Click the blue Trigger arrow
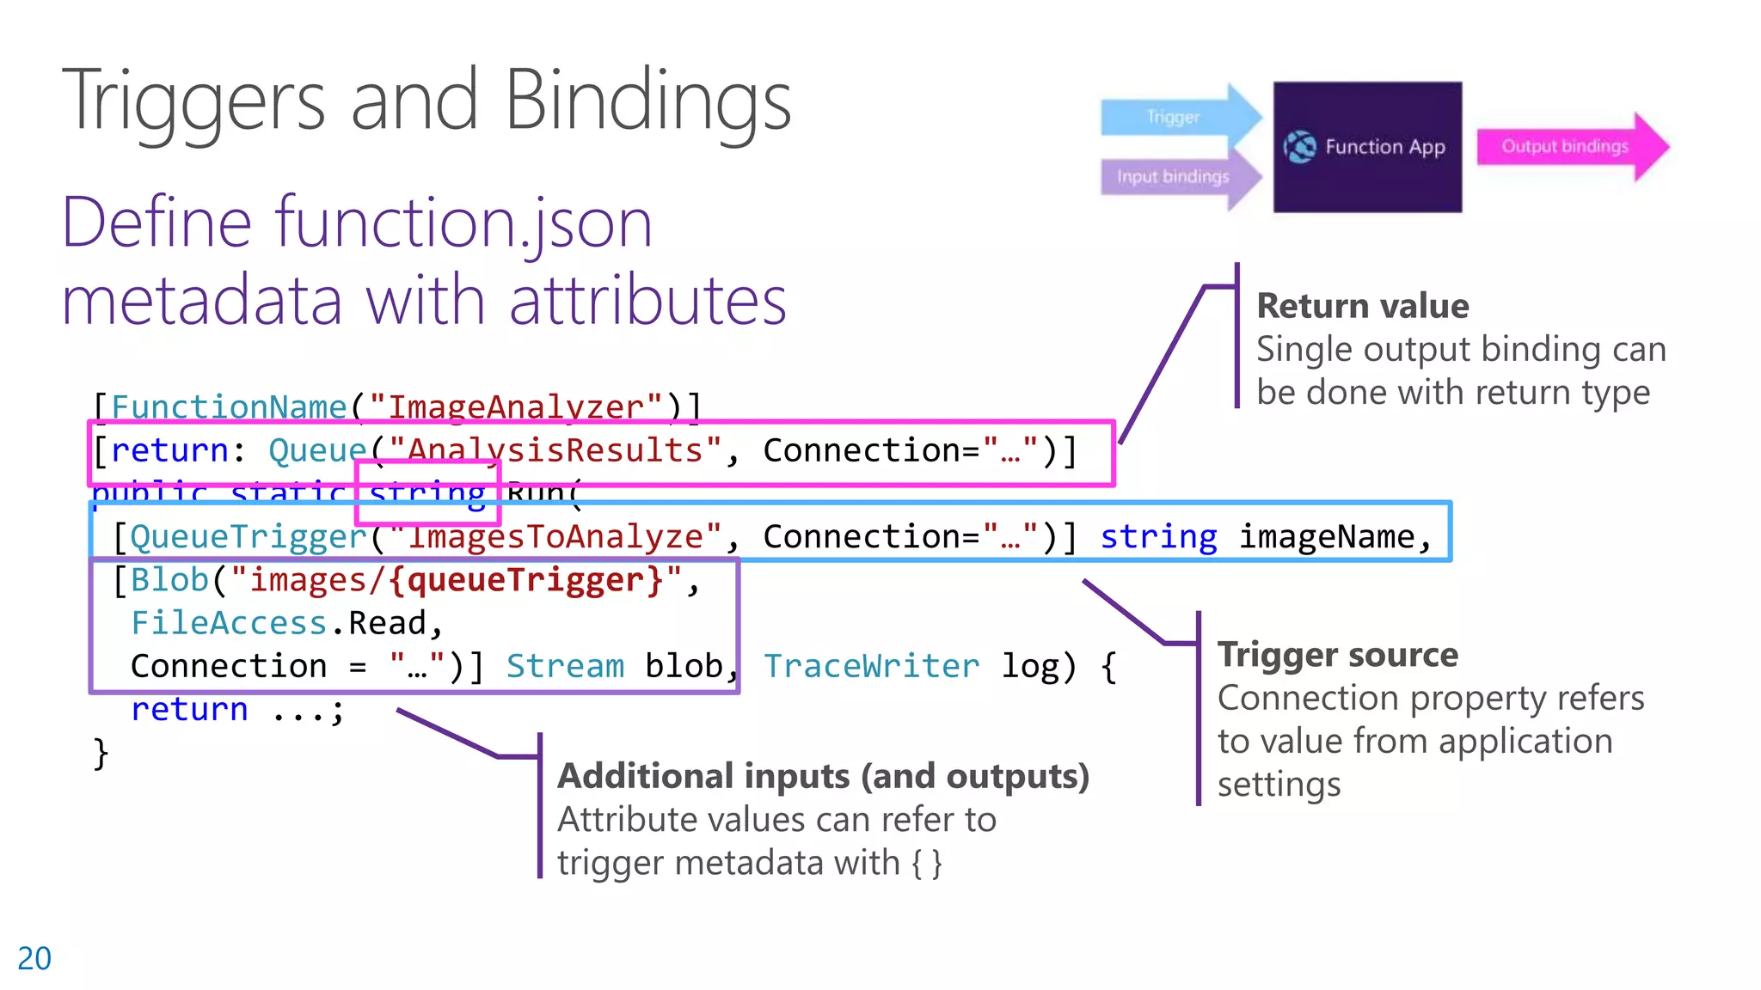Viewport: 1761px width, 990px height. (x=1174, y=117)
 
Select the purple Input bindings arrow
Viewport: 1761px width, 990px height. (x=1174, y=177)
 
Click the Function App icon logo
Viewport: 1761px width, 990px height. (x=1299, y=147)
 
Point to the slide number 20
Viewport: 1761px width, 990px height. (x=34, y=958)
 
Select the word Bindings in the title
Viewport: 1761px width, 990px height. (x=647, y=101)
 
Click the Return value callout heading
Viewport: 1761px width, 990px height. (x=1362, y=306)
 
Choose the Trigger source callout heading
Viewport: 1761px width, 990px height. (x=1337, y=655)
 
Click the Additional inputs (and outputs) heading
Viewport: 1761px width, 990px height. (x=823, y=776)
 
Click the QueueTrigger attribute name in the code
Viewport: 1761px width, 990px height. (x=249, y=537)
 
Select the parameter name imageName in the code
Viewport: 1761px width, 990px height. (x=1326, y=537)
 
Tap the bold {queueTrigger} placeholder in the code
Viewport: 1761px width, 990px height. (x=526, y=580)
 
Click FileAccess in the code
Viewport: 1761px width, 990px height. (x=228, y=623)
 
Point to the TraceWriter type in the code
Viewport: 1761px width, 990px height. (x=870, y=666)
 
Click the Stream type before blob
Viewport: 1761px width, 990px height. (x=565, y=666)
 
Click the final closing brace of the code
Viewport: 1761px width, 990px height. (x=101, y=754)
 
